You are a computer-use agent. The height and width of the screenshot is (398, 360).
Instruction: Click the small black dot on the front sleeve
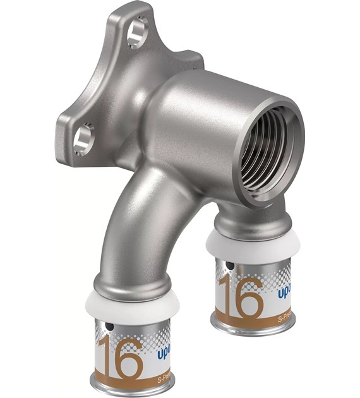110,327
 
